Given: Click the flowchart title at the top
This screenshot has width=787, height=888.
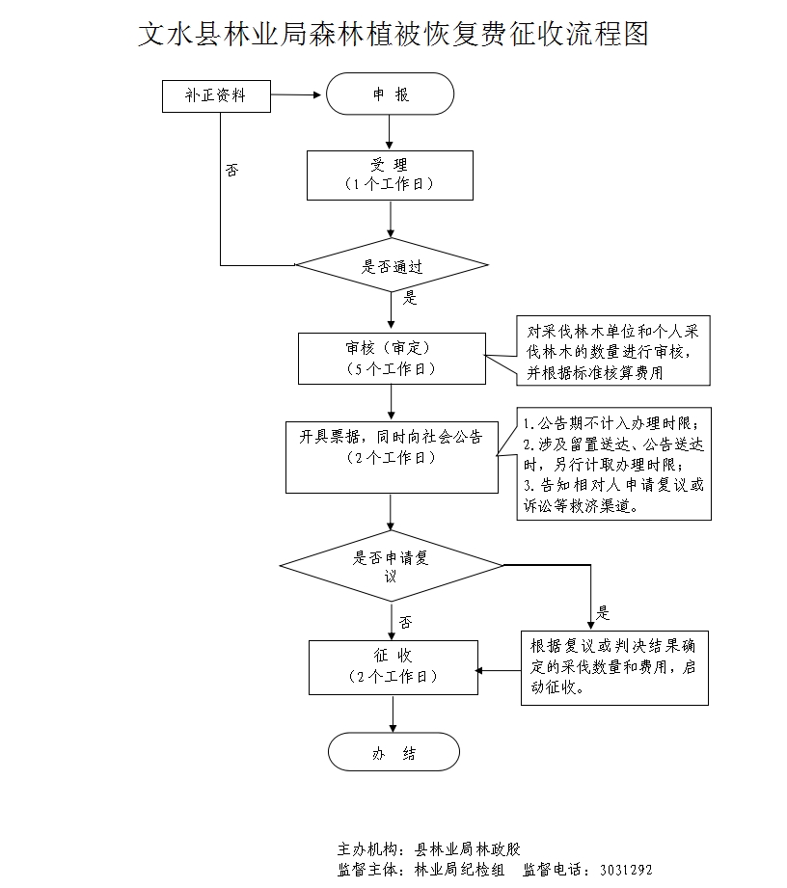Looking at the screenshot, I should (393, 36).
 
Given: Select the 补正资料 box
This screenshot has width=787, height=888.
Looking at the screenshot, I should (216, 95).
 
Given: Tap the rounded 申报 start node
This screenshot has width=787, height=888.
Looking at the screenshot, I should (390, 95).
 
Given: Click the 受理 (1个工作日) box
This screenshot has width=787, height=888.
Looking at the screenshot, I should (390, 175).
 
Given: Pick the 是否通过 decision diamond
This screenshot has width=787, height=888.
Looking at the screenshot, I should (391, 265).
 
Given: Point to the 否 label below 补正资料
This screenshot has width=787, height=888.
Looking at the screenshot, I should (231, 170).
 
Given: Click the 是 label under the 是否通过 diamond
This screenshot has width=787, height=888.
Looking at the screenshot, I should (410, 298).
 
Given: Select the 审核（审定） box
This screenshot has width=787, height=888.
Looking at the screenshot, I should (390, 358).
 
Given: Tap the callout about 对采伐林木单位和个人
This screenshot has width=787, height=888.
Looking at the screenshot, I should (613, 351).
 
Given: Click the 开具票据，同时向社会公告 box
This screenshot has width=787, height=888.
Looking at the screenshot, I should (390, 455).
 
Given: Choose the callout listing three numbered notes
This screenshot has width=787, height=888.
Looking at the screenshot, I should (613, 463).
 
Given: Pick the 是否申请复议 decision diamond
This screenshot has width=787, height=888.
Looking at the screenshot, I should (391, 565).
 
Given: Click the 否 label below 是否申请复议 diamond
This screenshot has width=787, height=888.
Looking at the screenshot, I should (405, 621).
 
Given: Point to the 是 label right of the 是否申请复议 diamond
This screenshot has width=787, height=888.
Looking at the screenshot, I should (604, 612).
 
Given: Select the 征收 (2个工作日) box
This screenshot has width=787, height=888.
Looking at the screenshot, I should (391, 666).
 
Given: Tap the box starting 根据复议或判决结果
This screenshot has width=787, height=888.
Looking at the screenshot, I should (613, 666).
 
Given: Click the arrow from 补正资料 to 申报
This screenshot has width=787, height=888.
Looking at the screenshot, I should (294, 95).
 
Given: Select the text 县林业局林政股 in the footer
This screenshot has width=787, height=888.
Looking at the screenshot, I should (467, 849).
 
